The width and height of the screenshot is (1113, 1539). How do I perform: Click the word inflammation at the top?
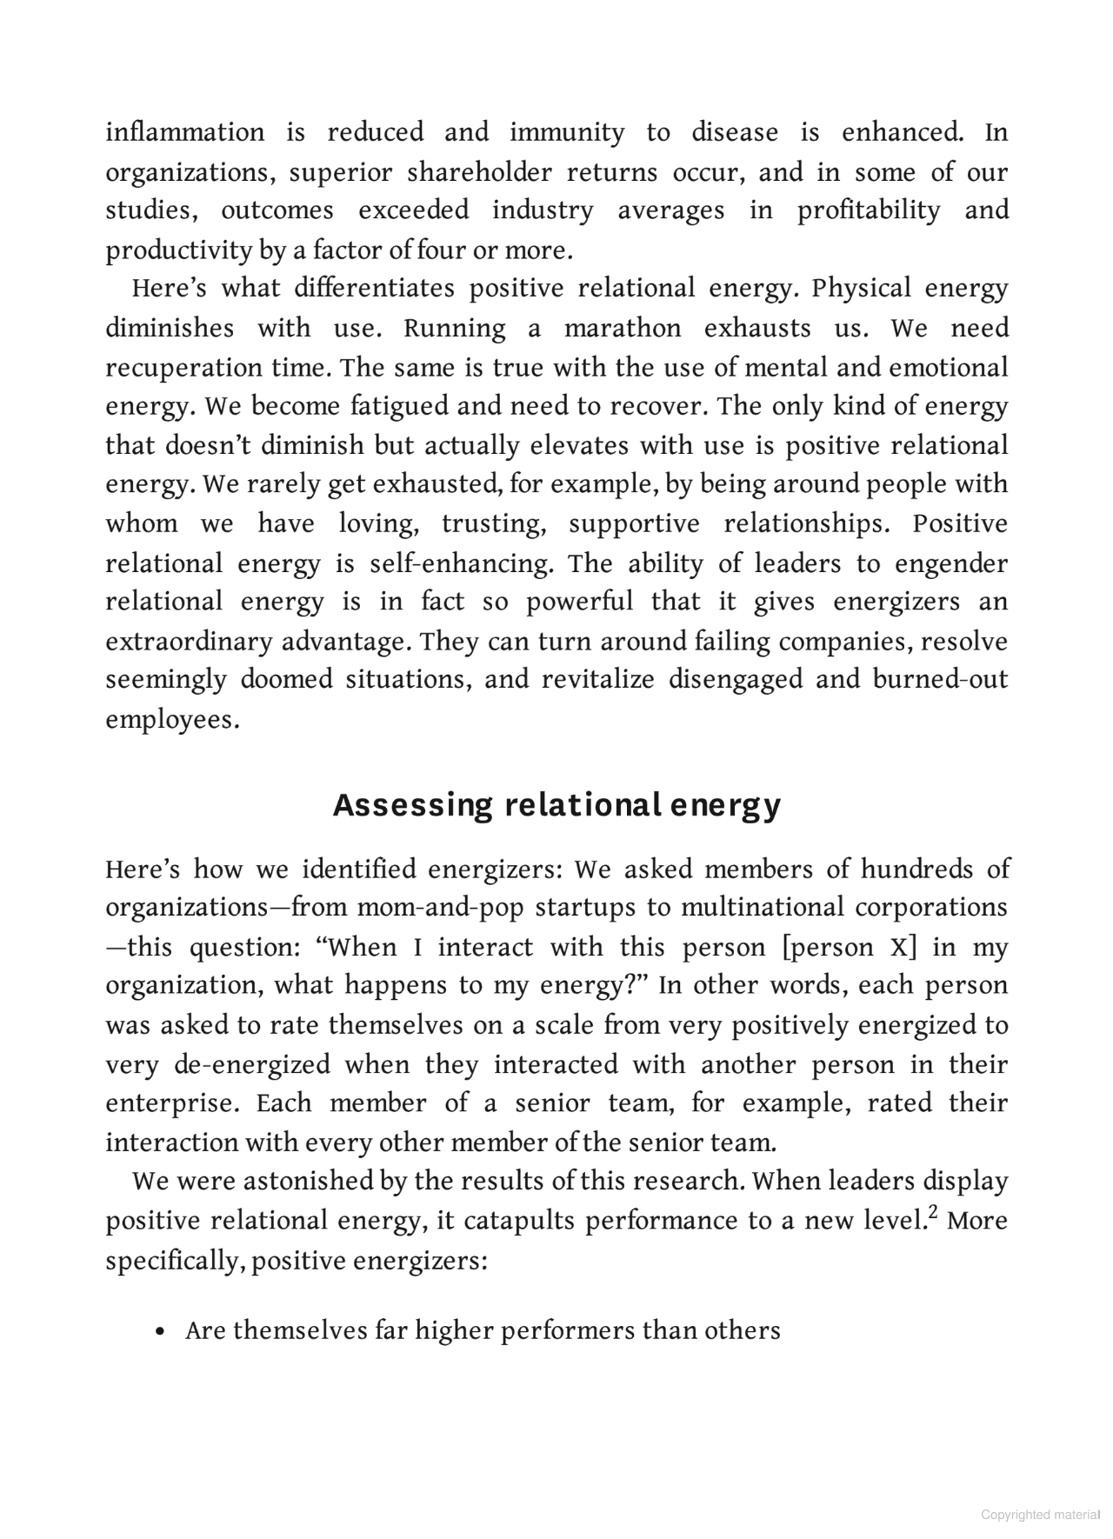tap(184, 132)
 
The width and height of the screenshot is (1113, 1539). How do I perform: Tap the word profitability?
tap(869, 210)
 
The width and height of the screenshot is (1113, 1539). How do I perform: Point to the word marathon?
tap(623, 329)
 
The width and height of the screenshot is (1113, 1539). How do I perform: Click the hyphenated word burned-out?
tap(940, 679)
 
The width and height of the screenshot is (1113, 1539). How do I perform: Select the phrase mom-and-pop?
tap(440, 907)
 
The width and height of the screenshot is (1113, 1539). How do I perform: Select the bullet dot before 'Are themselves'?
tap(160, 1332)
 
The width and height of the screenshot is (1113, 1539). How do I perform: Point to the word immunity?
tap(566, 132)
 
